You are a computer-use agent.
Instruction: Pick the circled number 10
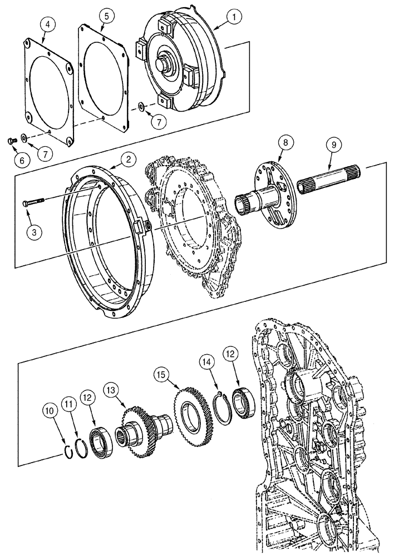click(x=52, y=412)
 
